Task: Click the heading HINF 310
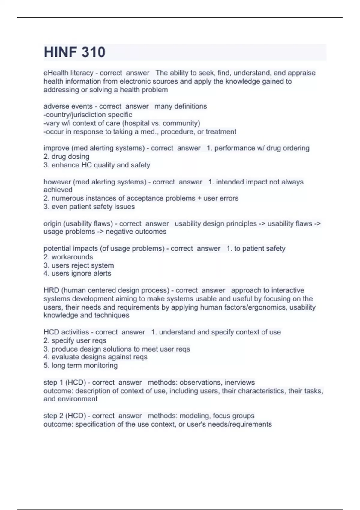74,52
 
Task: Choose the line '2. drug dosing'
66,156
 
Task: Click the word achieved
58,190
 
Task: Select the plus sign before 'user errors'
199,198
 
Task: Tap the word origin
52,223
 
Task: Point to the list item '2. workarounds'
68,257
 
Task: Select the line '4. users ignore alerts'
77,273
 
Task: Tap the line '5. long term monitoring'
80,365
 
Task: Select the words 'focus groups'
234,415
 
